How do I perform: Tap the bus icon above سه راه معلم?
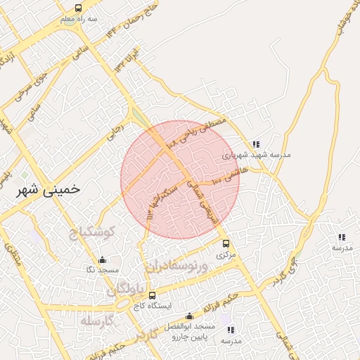[x=77, y=8]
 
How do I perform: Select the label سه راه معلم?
[x=77, y=20]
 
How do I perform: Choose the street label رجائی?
[x=115, y=131]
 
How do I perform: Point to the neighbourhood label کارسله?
[x=98, y=321]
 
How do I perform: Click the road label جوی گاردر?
[x=282, y=271]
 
